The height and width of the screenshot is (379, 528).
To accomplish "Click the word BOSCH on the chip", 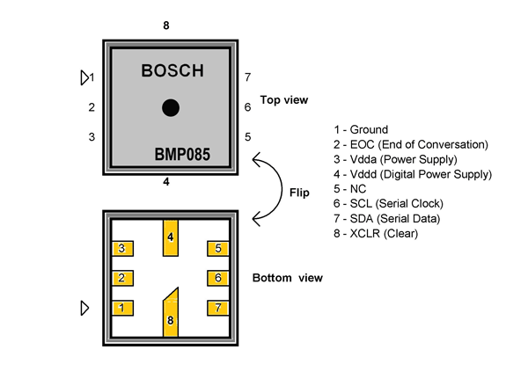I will [172, 71].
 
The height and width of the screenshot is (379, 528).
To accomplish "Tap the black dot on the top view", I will [171, 107].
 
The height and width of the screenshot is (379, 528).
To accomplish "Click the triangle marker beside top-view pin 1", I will [84, 78].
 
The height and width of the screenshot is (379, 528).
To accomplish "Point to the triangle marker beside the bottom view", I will [84, 308].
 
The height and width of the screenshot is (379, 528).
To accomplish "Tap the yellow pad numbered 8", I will [171, 311].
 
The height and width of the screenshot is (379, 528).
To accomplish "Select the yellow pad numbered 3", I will [122, 249].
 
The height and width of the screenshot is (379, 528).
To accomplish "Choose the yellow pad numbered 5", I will [217, 249].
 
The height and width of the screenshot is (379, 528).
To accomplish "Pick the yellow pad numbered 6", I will [217, 279].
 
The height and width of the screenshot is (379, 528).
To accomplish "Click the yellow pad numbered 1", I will [122, 308].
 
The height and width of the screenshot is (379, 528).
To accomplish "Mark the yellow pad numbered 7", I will [217, 308].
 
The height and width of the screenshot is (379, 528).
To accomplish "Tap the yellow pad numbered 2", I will [122, 279].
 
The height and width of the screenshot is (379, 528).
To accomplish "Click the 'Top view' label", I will [284, 100].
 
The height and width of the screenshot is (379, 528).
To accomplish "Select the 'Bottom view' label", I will [288, 279].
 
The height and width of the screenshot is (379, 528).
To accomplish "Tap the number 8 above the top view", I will [165, 26].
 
